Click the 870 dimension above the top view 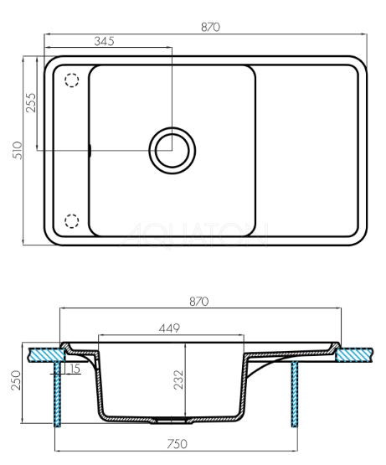click(210, 27)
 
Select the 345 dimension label click(104, 41)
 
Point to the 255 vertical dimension click(31, 102)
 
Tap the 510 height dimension click(18, 150)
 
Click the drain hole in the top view click(172, 150)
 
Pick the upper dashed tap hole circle click(71, 80)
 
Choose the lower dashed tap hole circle click(71, 220)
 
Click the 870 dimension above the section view click(199, 302)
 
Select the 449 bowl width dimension click(169, 328)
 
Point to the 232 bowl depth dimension click(179, 380)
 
